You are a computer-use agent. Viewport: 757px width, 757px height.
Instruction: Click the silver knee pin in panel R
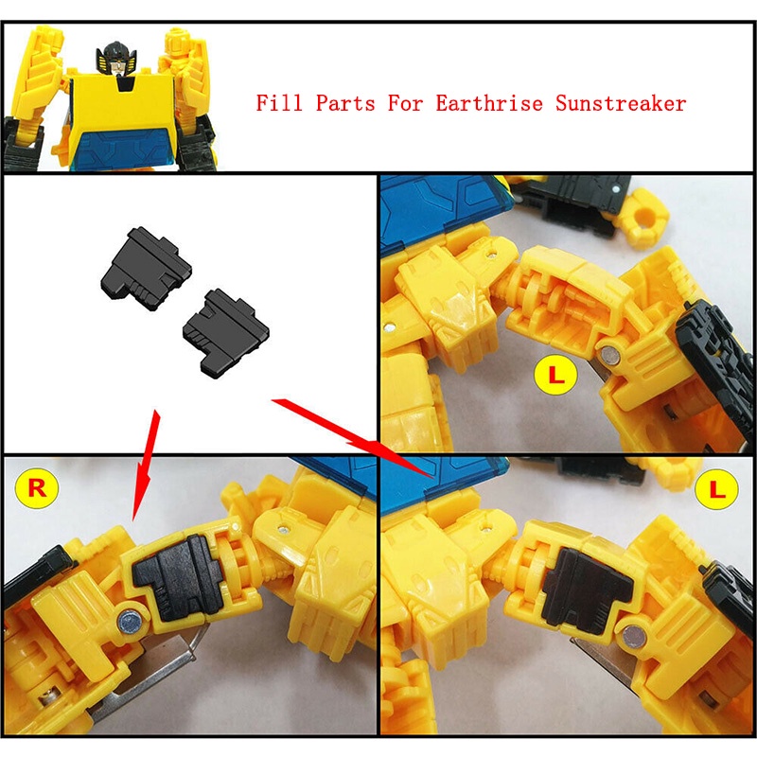point(128,621)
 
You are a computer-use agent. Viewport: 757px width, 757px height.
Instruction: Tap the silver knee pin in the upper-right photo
point(609,356)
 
